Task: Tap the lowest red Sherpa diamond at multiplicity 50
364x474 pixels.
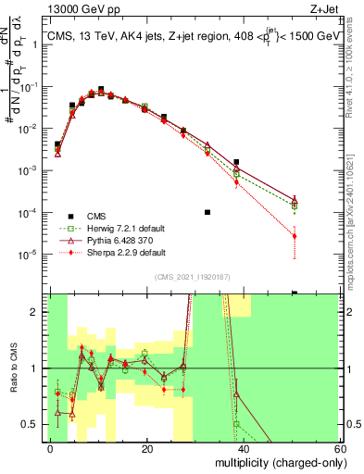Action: [295, 236]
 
